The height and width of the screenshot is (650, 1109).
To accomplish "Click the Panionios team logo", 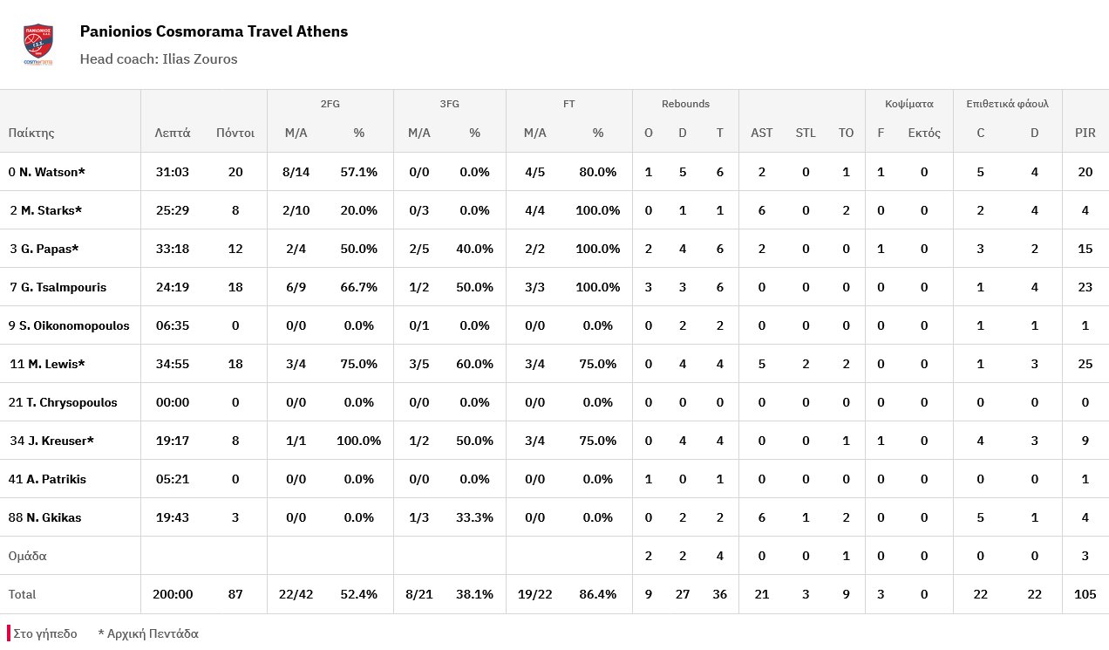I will pyautogui.click(x=37, y=44).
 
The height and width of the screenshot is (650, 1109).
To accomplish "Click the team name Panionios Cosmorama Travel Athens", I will pyautogui.click(x=214, y=31).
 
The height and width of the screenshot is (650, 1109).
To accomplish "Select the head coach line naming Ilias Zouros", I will pyautogui.click(x=159, y=59).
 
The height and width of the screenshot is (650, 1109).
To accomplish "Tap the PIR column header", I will pyautogui.click(x=1085, y=133).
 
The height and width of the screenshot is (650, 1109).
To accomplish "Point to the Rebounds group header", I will pyautogui.click(x=685, y=104).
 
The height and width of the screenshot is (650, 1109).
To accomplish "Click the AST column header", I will pyautogui.click(x=761, y=133).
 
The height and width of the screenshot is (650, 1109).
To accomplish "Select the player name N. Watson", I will pyautogui.click(x=51, y=172).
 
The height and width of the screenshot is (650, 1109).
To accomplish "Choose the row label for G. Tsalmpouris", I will pyautogui.click(x=58, y=287).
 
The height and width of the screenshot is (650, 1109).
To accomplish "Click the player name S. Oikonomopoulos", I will pyautogui.click(x=74, y=325).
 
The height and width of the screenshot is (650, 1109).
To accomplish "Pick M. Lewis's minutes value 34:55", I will pyautogui.click(x=173, y=364).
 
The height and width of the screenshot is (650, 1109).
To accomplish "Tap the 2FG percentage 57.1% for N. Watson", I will pyautogui.click(x=358, y=172).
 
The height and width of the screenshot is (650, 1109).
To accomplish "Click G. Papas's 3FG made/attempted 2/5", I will pyautogui.click(x=419, y=249).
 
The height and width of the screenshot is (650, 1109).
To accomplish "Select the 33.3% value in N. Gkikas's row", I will pyautogui.click(x=474, y=517).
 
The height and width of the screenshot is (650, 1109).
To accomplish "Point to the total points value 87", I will pyautogui.click(x=235, y=594).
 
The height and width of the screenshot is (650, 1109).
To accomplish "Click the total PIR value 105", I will pyautogui.click(x=1085, y=594).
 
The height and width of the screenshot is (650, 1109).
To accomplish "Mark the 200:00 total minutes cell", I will pyautogui.click(x=173, y=594).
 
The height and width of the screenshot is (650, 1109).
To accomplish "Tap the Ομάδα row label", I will pyautogui.click(x=27, y=556).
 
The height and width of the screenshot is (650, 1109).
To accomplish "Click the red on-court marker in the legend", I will pyautogui.click(x=9, y=633).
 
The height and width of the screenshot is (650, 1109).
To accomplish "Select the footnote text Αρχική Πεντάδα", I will pyautogui.click(x=153, y=634).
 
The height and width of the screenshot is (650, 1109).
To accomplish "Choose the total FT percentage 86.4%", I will pyautogui.click(x=597, y=594).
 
